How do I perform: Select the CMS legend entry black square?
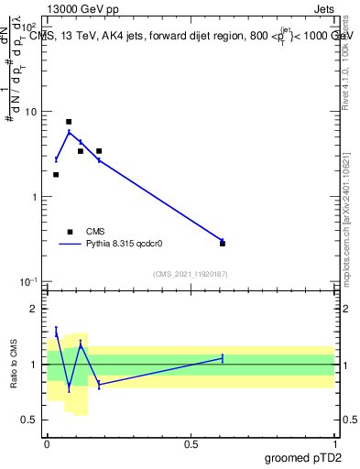(x=70, y=232)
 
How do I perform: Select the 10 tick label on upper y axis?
(x=30, y=112)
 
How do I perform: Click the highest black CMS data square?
(x=69, y=122)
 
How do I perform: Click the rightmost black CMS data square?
(x=223, y=244)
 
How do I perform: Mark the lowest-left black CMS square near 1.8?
(x=56, y=175)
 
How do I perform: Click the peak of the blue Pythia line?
(x=69, y=132)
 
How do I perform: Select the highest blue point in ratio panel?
(x=56, y=332)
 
